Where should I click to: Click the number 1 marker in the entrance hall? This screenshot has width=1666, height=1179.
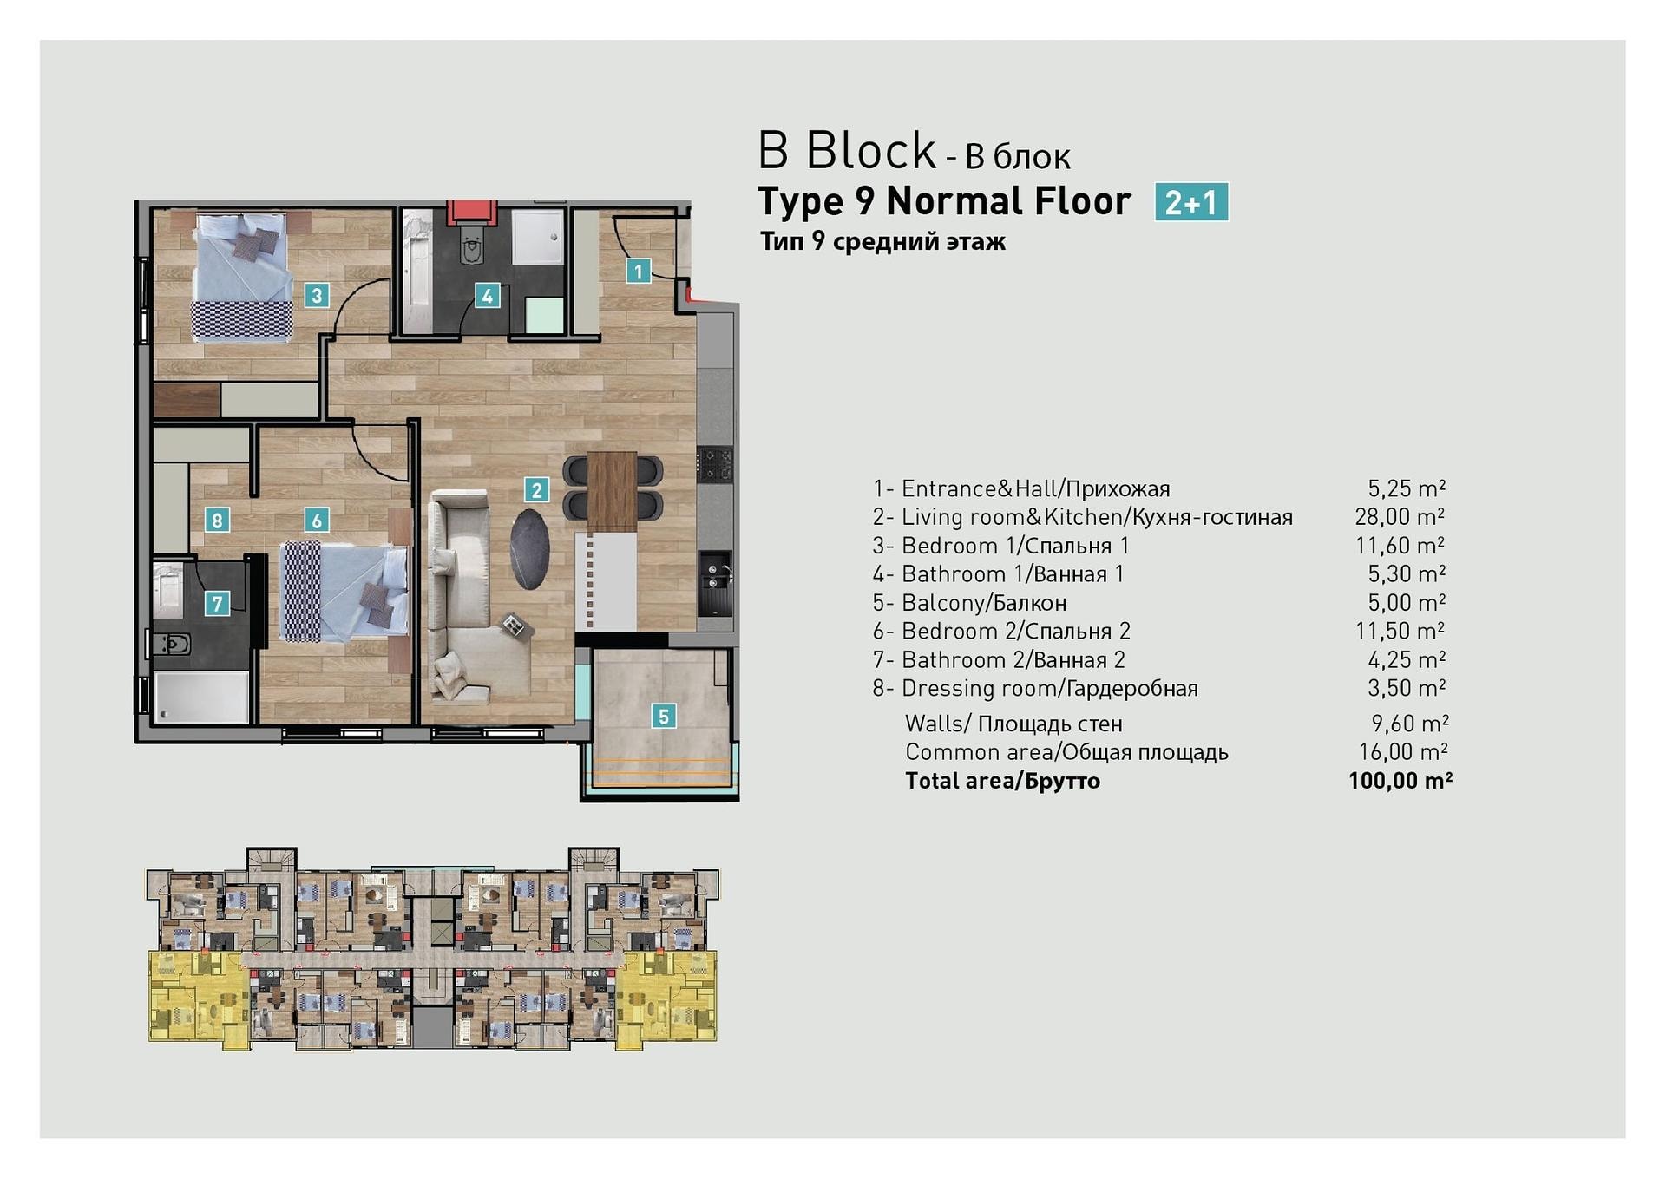tap(639, 272)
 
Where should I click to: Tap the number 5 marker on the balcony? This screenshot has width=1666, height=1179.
tap(664, 717)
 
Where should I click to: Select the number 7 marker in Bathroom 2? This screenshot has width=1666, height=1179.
tap(217, 603)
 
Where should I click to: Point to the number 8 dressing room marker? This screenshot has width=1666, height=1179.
tap(217, 521)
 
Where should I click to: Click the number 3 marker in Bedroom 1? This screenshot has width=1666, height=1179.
tap(317, 296)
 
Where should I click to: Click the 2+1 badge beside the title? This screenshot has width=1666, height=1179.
tap(1191, 202)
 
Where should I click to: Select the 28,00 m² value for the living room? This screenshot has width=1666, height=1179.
tap(1400, 517)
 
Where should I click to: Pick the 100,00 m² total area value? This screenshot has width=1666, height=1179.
tap(1400, 781)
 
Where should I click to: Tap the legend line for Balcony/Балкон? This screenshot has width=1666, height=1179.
tap(969, 602)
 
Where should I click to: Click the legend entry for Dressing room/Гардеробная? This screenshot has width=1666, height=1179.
tap(1035, 688)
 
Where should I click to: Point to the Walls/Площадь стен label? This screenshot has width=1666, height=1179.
tap(1013, 724)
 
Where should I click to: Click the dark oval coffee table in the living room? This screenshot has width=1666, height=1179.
tap(529, 548)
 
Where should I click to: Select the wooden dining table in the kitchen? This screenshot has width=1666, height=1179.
tap(613, 492)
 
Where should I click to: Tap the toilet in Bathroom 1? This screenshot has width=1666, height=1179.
tap(472, 249)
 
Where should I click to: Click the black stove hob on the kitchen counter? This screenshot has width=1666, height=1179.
tap(716, 463)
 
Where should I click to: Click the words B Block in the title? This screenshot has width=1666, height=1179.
tap(847, 151)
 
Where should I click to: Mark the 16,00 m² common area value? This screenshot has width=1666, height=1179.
tap(1403, 752)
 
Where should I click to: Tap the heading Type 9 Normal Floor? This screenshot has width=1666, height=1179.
tap(944, 201)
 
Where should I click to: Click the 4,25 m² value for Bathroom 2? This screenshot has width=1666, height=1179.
tap(1407, 660)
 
